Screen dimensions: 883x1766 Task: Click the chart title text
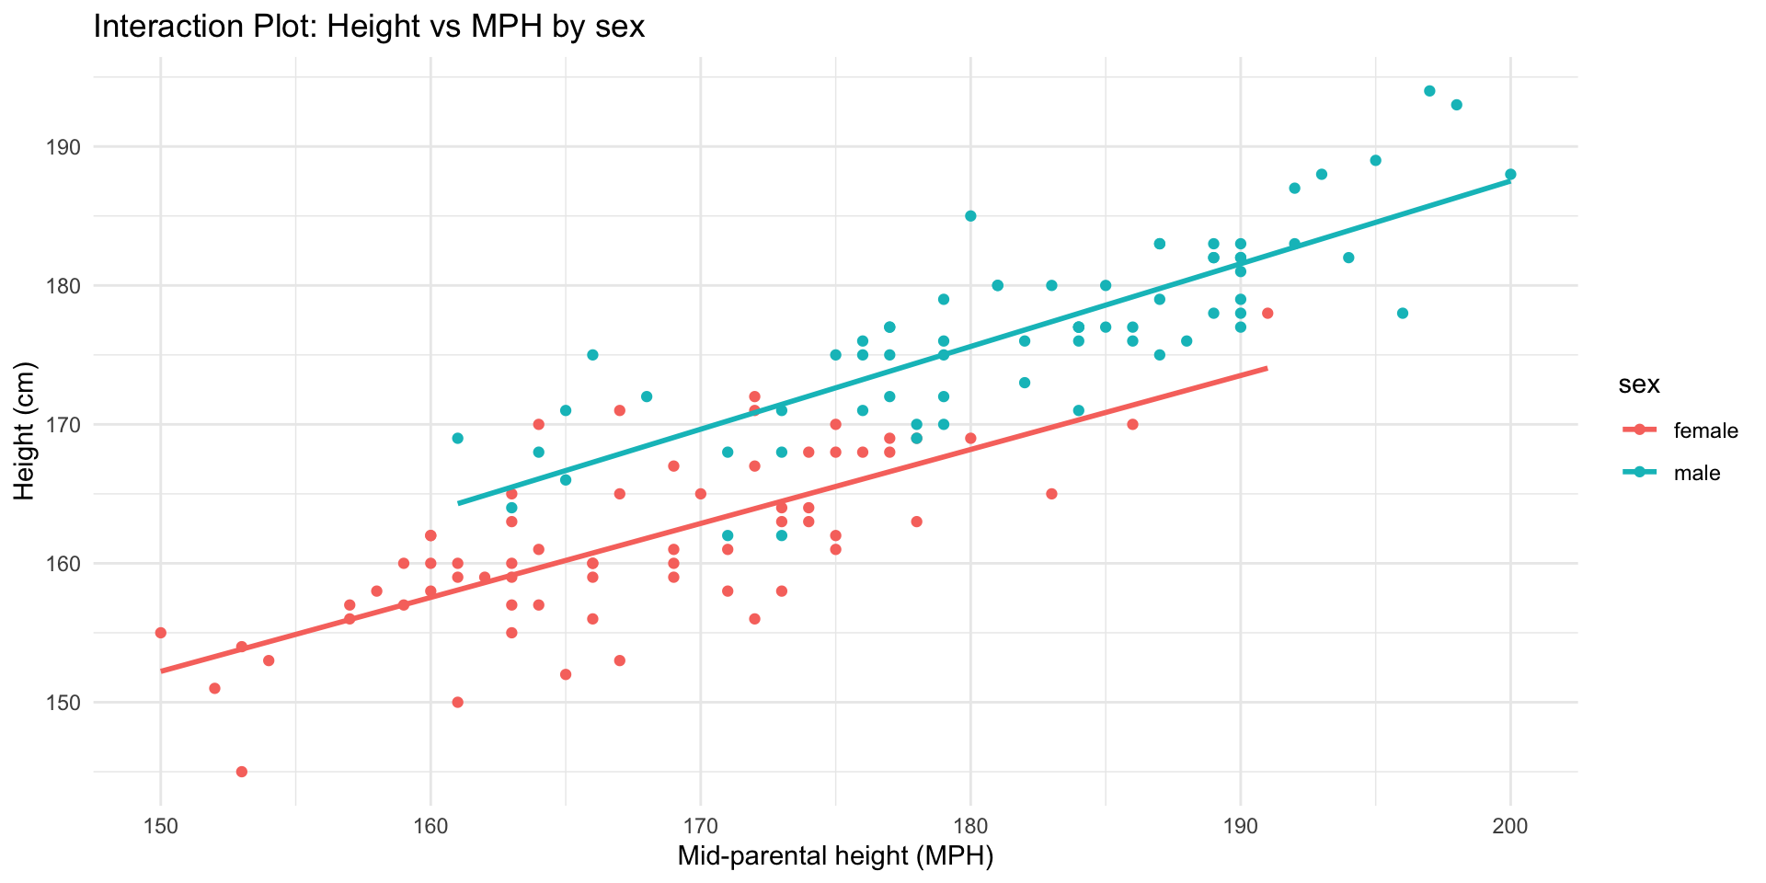(369, 28)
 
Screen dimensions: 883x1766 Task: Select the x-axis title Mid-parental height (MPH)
(835, 856)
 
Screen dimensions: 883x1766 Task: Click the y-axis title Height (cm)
(25, 431)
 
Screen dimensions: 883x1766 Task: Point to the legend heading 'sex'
(1639, 384)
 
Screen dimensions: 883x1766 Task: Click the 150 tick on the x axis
(161, 825)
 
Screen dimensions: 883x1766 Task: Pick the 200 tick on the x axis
(1510, 825)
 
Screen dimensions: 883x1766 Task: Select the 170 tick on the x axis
(701, 825)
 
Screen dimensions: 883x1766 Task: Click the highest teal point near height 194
(1429, 91)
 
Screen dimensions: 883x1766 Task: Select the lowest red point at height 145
(242, 772)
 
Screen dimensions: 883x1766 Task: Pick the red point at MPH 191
(1267, 314)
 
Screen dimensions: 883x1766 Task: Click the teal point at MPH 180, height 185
(970, 216)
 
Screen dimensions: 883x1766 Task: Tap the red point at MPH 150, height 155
(161, 633)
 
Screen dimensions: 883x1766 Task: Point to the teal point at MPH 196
(1403, 314)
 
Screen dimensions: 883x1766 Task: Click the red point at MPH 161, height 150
(458, 703)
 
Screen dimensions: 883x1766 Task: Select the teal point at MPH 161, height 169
(458, 439)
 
